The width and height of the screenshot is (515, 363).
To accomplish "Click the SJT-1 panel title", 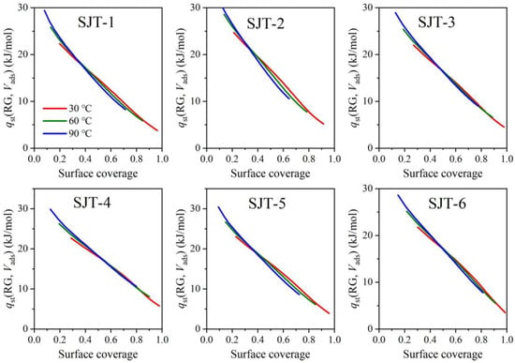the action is click(96, 23).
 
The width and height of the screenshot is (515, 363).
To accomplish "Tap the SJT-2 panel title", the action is click(265, 24).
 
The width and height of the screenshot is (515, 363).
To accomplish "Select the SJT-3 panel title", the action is click(436, 23).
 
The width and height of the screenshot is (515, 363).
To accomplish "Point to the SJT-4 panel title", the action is click(92, 203).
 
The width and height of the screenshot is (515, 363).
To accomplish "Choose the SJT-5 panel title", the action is click(267, 203).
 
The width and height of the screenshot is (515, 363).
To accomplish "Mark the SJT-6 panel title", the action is click(447, 204).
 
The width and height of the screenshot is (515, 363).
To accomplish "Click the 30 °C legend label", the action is click(81, 109).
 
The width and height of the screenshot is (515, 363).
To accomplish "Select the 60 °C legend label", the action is click(81, 121).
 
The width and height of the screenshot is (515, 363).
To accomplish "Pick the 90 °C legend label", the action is click(81, 133).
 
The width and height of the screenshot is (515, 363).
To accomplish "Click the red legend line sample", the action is click(54, 108).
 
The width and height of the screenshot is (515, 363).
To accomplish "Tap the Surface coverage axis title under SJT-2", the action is click(271, 174).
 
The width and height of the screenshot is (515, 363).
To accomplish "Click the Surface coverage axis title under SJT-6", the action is click(443, 355).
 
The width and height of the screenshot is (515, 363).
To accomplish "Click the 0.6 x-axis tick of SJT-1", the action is click(110, 159).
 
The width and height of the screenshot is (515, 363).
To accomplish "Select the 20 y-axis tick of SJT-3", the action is click(370, 54).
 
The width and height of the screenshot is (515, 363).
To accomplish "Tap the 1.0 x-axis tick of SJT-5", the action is click(334, 340).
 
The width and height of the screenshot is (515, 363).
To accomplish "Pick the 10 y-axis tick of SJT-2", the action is click(197, 101).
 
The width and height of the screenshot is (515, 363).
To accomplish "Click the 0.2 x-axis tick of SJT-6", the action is click(405, 340).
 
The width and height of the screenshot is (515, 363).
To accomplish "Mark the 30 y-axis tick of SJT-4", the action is click(24, 208).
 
